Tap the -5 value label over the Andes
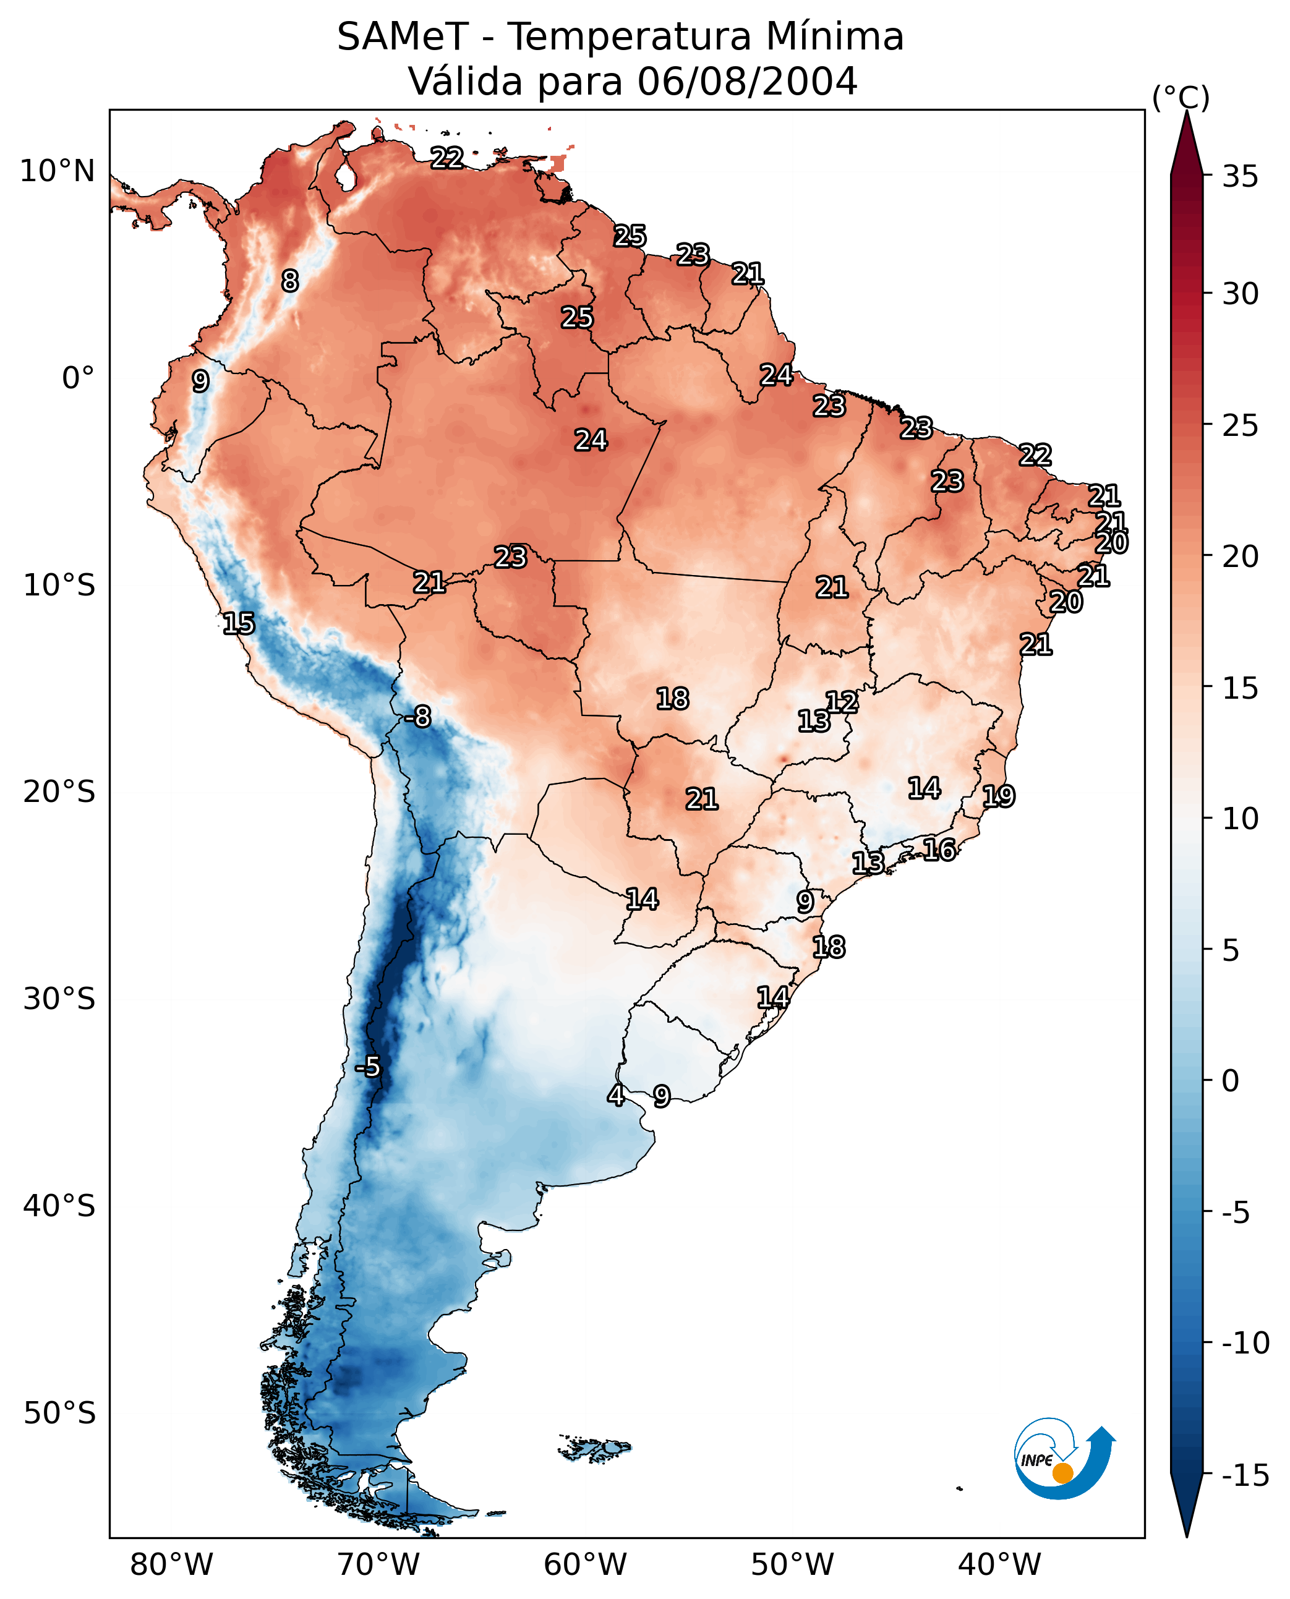(367, 1067)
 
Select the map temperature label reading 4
(615, 1095)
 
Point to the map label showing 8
(290, 281)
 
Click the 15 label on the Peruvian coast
(239, 623)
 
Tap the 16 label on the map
(939, 850)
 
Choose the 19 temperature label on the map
(999, 796)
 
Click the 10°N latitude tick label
(58, 172)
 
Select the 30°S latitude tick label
(59, 999)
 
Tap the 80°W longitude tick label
(172, 1564)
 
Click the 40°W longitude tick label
(999, 1564)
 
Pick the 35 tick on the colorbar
(1240, 177)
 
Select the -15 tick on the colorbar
(1245, 1476)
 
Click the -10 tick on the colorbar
(1245, 1344)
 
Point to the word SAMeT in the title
(402, 37)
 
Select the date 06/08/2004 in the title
(748, 82)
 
